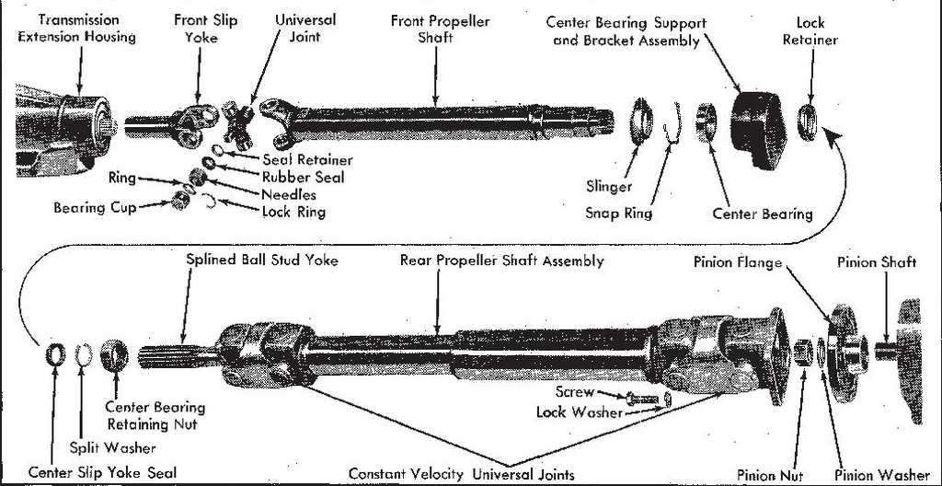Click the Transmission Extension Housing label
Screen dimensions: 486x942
pyautogui.click(x=76, y=29)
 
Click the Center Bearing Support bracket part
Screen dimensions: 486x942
pyautogui.click(x=758, y=129)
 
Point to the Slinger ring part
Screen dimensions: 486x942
pyautogui.click(x=642, y=121)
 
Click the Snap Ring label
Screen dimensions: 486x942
pyautogui.click(x=618, y=214)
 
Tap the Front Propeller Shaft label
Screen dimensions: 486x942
pyautogui.click(x=440, y=29)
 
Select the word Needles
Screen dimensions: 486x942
pyautogui.click(x=289, y=194)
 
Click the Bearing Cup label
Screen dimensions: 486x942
pyautogui.click(x=95, y=207)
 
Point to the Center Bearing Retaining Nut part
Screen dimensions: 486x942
pyautogui.click(x=114, y=353)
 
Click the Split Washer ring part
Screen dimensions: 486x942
pyautogui.click(x=84, y=355)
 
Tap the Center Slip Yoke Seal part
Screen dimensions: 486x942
pyautogui.click(x=53, y=355)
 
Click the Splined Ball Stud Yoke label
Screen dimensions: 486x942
pyautogui.click(x=262, y=260)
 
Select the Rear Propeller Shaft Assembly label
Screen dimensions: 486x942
pyautogui.click(x=501, y=260)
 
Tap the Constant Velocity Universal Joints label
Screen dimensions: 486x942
pyautogui.click(x=461, y=474)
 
